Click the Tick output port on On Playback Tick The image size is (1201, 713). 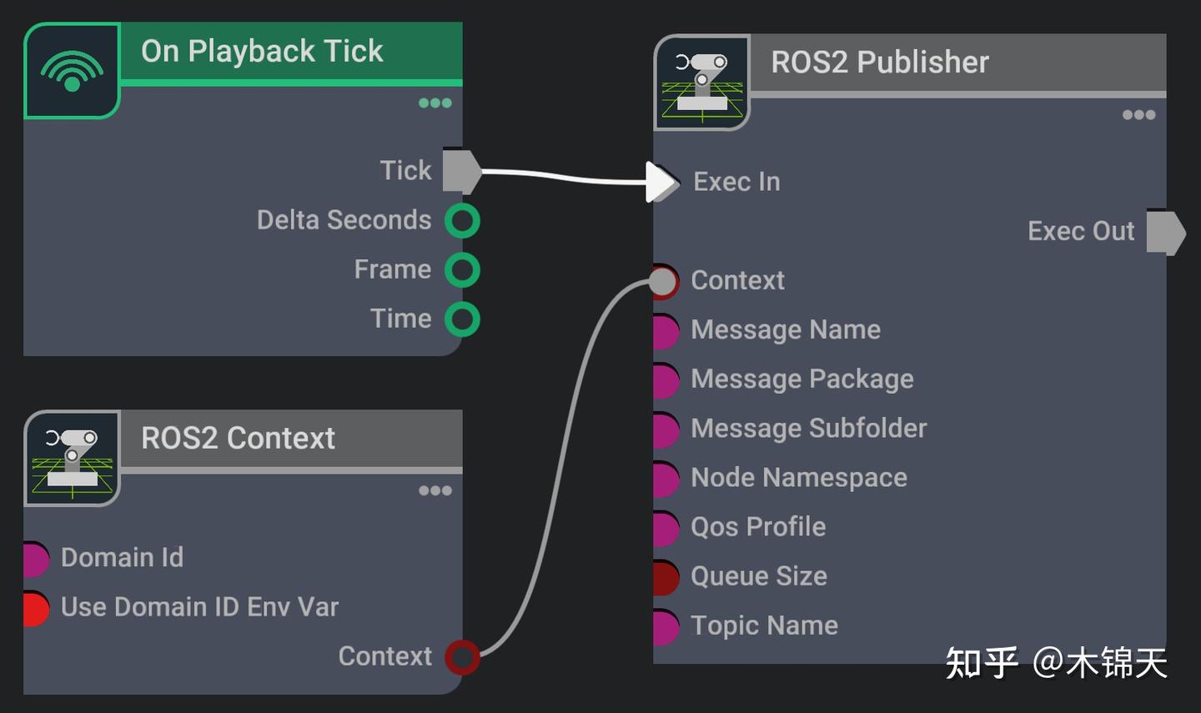(x=460, y=171)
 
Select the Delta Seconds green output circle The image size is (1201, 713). (x=462, y=221)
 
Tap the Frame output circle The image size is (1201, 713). (x=462, y=270)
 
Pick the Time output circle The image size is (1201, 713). (x=462, y=319)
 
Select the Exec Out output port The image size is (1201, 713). (x=1165, y=232)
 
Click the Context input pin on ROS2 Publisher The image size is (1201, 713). (x=664, y=281)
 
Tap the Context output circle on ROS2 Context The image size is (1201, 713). (x=462, y=657)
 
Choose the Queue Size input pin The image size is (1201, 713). (x=666, y=577)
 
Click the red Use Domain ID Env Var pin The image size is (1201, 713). (x=36, y=608)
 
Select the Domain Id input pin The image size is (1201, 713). (x=36, y=559)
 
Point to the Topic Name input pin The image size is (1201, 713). (x=666, y=626)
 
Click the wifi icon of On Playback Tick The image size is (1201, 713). (x=72, y=71)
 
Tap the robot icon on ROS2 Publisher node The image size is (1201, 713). (x=702, y=83)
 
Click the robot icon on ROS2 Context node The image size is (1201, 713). (x=72, y=459)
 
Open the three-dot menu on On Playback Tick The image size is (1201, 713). (x=435, y=103)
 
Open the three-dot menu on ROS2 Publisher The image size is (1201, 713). (x=1138, y=115)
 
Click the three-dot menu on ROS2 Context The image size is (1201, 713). (x=435, y=491)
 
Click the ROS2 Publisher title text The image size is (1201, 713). (x=879, y=63)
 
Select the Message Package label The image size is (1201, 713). (x=802, y=379)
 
